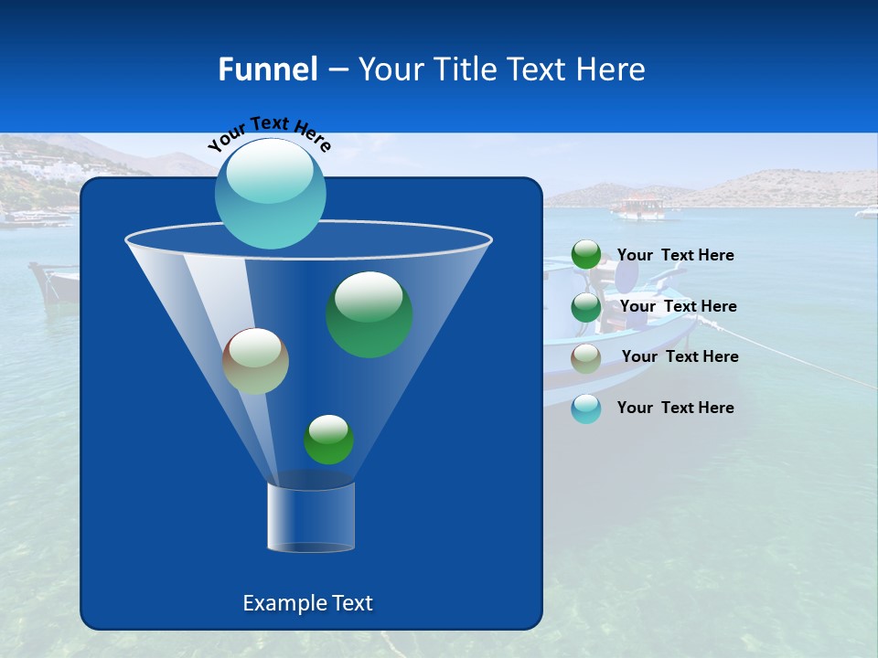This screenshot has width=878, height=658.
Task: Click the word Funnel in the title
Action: [x=267, y=69]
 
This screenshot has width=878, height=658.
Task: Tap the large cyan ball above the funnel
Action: [x=270, y=193]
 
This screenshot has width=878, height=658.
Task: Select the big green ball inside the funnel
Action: [x=369, y=313]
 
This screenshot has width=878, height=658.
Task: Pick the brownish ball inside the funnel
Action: [x=255, y=361]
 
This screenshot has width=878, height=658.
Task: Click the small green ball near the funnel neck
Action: [x=328, y=440]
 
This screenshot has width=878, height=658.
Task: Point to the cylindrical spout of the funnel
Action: [x=310, y=516]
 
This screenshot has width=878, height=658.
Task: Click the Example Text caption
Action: [x=307, y=603]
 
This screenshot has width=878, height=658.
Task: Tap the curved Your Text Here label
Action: [x=269, y=133]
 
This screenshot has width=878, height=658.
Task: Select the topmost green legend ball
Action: [x=586, y=255]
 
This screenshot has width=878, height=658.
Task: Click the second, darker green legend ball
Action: [x=586, y=307]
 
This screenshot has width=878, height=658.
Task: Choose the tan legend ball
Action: [x=586, y=358]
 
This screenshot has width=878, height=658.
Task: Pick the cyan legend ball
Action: [x=586, y=409]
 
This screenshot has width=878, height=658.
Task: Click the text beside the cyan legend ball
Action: [x=675, y=408]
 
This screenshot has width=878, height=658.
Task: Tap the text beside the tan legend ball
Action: [x=680, y=356]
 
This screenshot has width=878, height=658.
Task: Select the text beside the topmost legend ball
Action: [x=675, y=255]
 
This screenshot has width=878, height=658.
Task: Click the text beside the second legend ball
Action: [x=678, y=306]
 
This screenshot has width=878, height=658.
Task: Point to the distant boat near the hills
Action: [x=638, y=207]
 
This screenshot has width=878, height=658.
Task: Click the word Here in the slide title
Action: [x=612, y=69]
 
